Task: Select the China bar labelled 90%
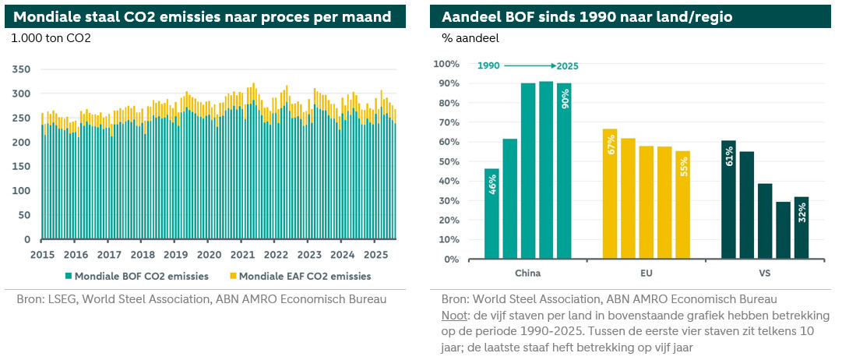[564, 171]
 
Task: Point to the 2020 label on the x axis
[209, 254]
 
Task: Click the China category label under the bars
[527, 274]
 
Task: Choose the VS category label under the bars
[764, 274]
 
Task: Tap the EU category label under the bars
[646, 274]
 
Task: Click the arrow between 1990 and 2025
[527, 66]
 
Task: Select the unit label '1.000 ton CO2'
[48, 37]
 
